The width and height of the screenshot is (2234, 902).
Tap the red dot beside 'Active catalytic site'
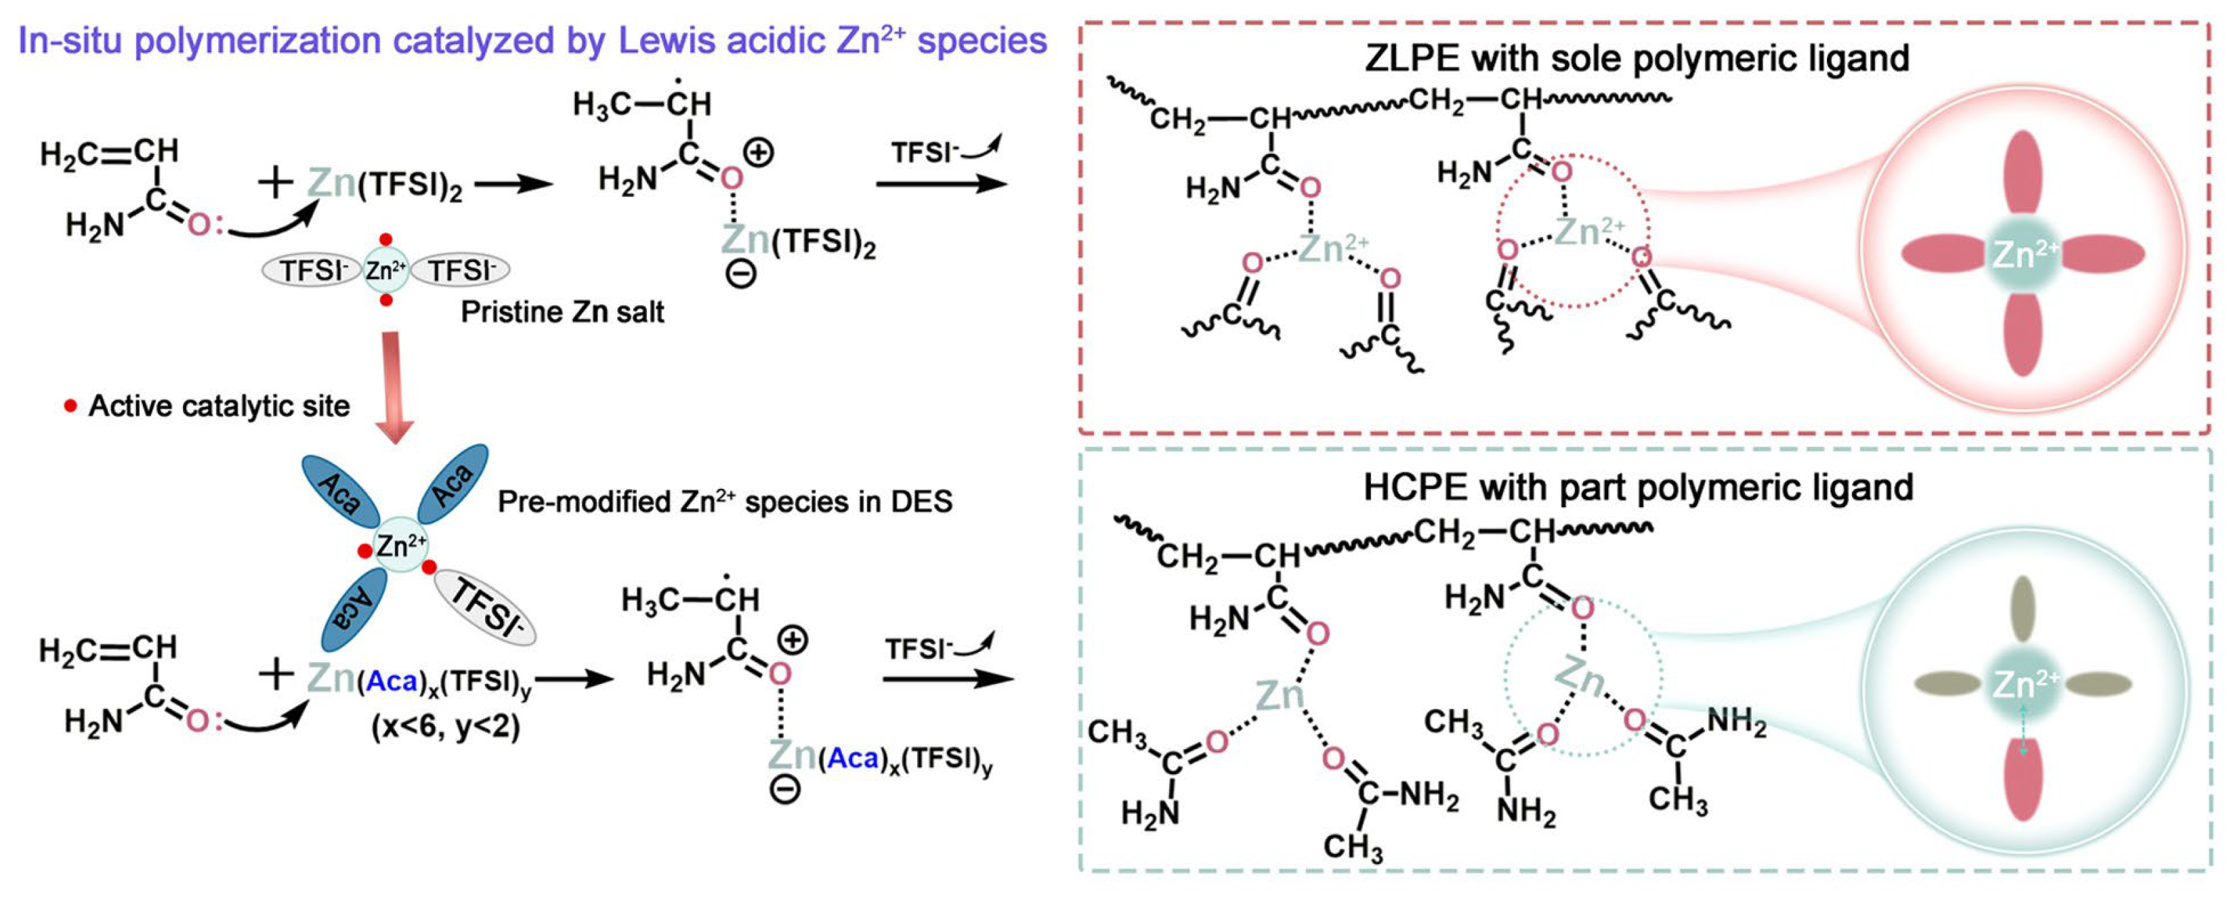tap(71, 406)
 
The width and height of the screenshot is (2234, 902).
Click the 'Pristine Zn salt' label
tap(562, 312)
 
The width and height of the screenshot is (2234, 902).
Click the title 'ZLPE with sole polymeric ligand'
tap(1637, 58)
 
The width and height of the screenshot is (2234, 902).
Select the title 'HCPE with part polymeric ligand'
tap(1638, 488)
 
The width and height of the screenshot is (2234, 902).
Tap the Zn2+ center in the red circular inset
tap(2023, 254)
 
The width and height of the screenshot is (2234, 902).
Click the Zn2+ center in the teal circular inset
tap(2023, 685)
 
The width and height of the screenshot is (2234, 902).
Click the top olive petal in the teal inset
tap(2023, 609)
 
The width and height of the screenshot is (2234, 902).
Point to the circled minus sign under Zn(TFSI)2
tap(740, 275)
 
